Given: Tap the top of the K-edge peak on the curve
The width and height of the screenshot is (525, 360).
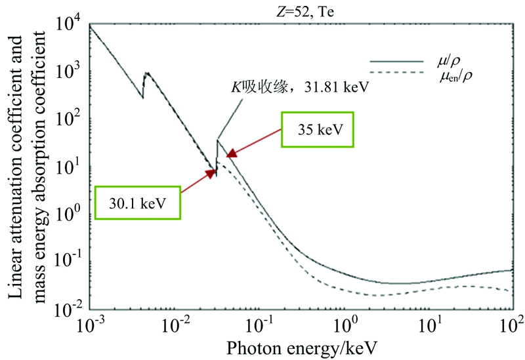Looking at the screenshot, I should coord(217,139).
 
